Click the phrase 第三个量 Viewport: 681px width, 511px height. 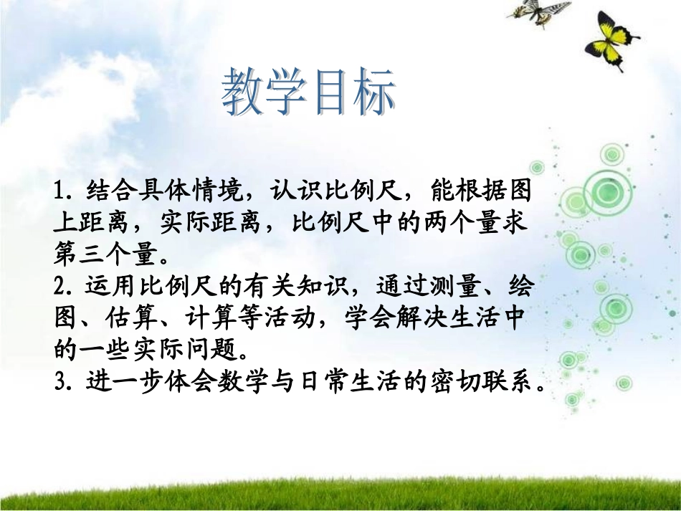coord(107,254)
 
